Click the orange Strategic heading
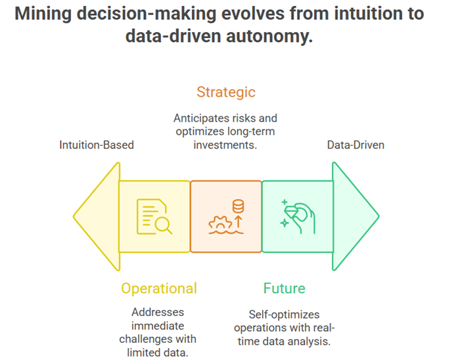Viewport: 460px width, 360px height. coord(226,93)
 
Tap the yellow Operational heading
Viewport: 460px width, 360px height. coord(159,289)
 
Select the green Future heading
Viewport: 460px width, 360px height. coord(285,288)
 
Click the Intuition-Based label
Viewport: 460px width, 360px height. coord(97,145)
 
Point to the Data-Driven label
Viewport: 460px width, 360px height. coord(356,145)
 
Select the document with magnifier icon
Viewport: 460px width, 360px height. coord(154,217)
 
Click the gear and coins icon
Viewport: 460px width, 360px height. coord(226,217)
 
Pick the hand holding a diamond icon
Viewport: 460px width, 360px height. coord(298,217)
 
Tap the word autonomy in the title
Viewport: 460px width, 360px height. coord(269,37)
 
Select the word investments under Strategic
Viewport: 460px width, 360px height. coord(225,145)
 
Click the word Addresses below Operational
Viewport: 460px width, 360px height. coord(158,312)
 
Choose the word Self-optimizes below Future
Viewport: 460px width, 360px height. coord(284,315)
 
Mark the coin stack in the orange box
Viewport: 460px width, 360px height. coord(238,206)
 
